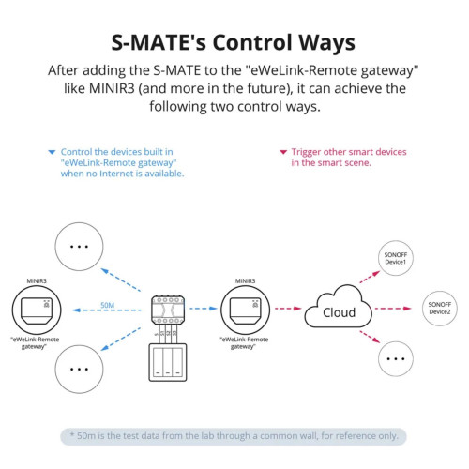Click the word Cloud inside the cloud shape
tap(339, 312)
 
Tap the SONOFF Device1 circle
tap(396, 258)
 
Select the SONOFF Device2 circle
tap(440, 309)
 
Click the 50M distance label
tap(107, 305)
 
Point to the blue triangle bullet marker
tap(52, 152)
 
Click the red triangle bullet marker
tap(283, 152)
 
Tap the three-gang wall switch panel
tap(168, 362)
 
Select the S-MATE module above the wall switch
tap(168, 310)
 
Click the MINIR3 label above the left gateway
tap(37, 280)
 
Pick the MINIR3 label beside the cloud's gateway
tap(245, 280)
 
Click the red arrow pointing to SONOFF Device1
tap(370, 277)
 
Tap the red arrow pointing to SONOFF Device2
tap(393, 309)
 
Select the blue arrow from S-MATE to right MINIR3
tap(204, 309)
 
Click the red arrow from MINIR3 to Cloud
tap(288, 309)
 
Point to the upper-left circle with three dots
tap(79, 247)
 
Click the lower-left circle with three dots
tap(79, 369)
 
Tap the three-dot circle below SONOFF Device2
tap(396, 358)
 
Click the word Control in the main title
tap(252, 42)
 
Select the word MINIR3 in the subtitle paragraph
tap(112, 88)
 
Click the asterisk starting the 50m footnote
tap(72, 434)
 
